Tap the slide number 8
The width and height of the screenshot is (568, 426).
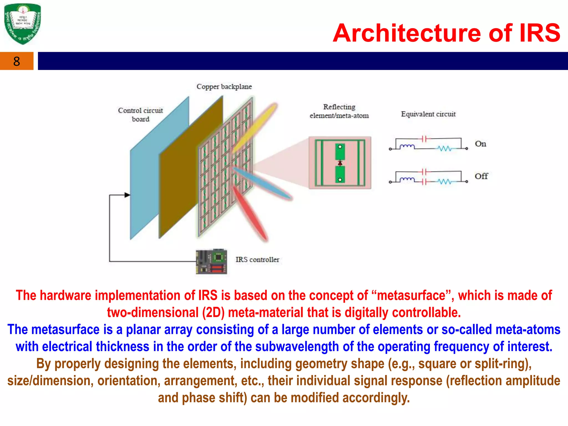click(17, 61)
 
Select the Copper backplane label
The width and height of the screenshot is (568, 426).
click(224, 87)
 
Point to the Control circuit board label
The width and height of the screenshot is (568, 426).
click(140, 115)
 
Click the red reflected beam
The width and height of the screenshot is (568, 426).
click(250, 214)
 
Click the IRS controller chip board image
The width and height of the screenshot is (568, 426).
click(211, 262)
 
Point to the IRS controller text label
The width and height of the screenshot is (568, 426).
click(257, 260)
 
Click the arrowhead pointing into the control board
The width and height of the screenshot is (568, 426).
click(127, 195)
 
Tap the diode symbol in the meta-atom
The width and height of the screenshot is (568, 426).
click(340, 163)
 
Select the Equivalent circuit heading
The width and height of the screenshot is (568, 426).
click(428, 114)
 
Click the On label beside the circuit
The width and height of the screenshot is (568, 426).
click(480, 144)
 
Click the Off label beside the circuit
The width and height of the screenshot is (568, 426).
click(481, 176)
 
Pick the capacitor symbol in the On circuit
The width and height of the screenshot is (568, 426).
click(424, 139)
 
